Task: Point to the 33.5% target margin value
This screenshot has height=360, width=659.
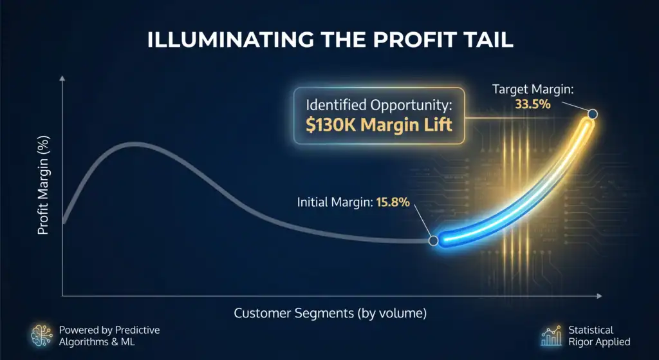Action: click(x=533, y=104)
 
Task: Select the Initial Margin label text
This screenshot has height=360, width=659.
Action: click(x=335, y=202)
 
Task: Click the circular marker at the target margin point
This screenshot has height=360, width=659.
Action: click(x=593, y=113)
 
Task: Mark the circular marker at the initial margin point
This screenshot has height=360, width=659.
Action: click(x=433, y=241)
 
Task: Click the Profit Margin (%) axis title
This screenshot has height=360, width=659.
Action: click(x=43, y=185)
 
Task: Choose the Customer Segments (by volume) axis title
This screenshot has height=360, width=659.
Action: click(x=330, y=314)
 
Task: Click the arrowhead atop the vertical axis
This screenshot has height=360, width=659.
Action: click(x=62, y=79)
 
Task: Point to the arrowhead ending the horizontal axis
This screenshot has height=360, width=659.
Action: click(x=599, y=296)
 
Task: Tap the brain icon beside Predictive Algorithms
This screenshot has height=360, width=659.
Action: click(x=42, y=335)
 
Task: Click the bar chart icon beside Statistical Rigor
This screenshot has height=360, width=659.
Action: click(x=552, y=336)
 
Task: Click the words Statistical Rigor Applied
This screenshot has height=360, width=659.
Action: click(x=599, y=336)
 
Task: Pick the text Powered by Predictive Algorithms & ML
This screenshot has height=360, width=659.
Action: click(x=109, y=336)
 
